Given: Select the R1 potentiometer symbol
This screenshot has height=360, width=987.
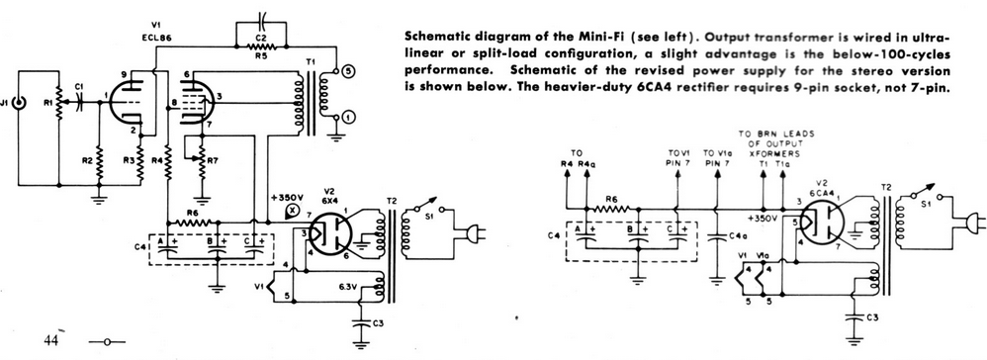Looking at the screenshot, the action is pyautogui.click(x=58, y=103).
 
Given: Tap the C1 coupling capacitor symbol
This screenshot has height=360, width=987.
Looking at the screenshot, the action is pyautogui.click(x=80, y=102).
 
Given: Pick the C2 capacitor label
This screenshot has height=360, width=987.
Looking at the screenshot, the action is pyautogui.click(x=259, y=37).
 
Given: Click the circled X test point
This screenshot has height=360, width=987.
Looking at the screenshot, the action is pyautogui.click(x=292, y=211).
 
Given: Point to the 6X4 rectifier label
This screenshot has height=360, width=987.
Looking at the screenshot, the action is pyautogui.click(x=330, y=200).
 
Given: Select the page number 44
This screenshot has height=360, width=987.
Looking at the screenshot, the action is pyautogui.click(x=51, y=340).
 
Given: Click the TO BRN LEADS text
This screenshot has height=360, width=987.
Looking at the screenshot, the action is pyautogui.click(x=776, y=134).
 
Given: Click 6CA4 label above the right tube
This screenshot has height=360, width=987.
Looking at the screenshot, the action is pyautogui.click(x=824, y=176).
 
